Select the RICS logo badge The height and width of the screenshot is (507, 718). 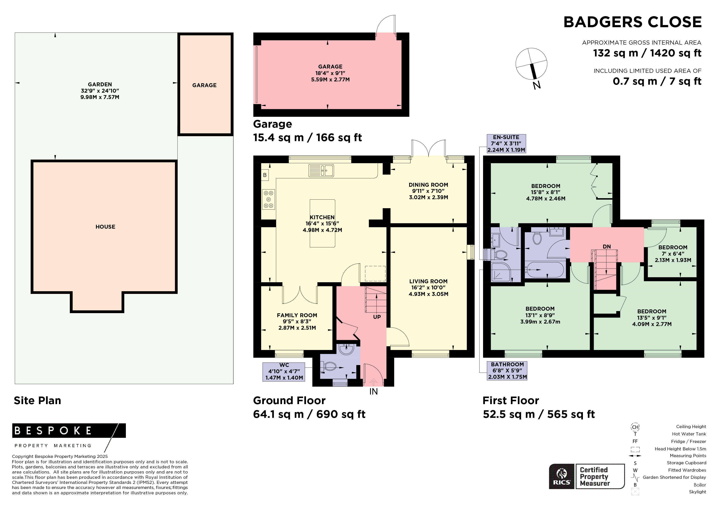click(562, 476)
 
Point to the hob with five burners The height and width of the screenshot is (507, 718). click(269, 199)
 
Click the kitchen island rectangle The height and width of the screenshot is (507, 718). click(322, 223)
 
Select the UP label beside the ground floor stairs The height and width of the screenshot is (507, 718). click(377, 317)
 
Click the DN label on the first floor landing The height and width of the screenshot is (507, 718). click(607, 246)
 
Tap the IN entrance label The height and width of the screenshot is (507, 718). click(373, 392)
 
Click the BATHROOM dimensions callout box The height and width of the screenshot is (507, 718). click(507, 371)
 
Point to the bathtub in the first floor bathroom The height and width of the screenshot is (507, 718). click(545, 269)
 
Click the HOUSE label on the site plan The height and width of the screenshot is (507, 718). click(105, 227)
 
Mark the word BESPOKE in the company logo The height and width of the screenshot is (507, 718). click(53, 431)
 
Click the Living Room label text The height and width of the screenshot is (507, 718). click(428, 281)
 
